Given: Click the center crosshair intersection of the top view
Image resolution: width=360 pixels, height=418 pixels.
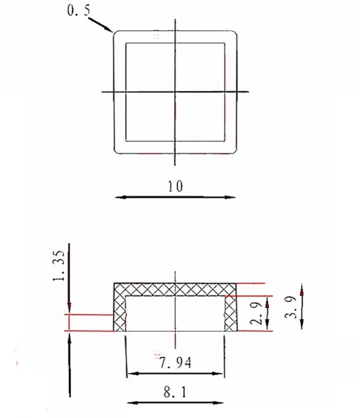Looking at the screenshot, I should (175, 91).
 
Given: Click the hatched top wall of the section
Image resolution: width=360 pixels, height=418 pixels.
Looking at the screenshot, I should (175, 289).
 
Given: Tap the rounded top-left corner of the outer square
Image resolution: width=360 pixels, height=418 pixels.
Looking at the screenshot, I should (115, 33).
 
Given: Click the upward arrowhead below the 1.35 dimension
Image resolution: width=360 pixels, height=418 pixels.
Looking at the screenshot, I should (70, 339).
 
